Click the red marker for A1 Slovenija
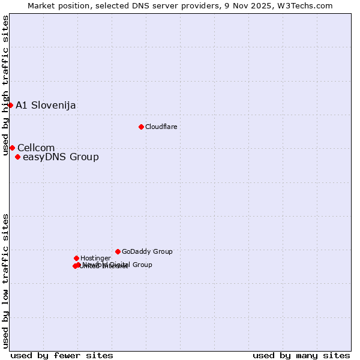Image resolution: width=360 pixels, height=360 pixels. pos(10,105)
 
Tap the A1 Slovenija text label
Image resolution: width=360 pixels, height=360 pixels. pos(46,106)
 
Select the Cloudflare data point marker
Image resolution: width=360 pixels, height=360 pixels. pos(141,127)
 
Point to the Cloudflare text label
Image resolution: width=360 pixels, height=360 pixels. pos(161,127)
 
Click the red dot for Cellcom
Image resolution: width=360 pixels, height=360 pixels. pos(12,148)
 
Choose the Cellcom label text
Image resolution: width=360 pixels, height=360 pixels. pos(36,148)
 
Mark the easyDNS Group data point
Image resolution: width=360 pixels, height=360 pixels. pos(17,157)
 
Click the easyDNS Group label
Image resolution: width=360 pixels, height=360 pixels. pos(61,157)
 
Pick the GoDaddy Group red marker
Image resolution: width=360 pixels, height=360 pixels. pos(118,251)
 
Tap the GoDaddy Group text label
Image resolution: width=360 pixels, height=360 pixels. pos(147,251)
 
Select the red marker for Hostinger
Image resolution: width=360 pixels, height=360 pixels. pos(76,258)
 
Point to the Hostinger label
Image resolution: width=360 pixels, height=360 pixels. pos(95,258)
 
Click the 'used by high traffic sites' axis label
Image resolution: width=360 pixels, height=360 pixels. pos(5,86)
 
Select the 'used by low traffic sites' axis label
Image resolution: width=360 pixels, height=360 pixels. pos(5,280)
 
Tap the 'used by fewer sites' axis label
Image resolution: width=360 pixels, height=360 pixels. pos(62,355)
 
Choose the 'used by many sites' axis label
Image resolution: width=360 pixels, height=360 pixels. pos(301,355)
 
